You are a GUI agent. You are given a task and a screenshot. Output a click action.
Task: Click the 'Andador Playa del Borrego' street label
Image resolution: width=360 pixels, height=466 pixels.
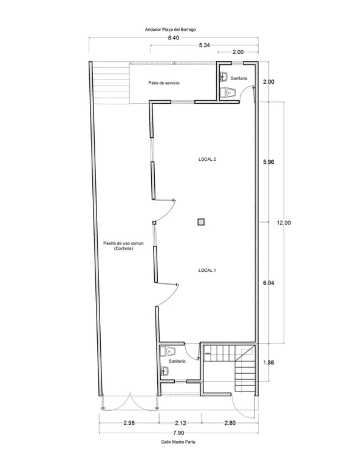pyautogui.click(x=170, y=29)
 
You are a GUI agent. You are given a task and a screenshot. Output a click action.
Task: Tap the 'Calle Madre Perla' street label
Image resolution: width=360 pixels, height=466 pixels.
pyautogui.click(x=178, y=442)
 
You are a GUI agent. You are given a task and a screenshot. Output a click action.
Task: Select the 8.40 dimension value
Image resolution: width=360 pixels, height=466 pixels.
pyautogui.click(x=174, y=38)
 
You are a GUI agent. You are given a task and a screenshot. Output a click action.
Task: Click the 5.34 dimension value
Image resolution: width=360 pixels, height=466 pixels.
pyautogui.click(x=204, y=45)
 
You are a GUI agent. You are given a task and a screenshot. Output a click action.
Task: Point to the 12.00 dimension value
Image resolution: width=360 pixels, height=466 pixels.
pyautogui.click(x=284, y=223)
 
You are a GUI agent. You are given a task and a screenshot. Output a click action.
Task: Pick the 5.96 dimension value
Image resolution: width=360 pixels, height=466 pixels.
pyautogui.click(x=268, y=162)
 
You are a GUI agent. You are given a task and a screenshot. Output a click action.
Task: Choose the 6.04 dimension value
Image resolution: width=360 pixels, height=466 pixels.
pyautogui.click(x=268, y=283)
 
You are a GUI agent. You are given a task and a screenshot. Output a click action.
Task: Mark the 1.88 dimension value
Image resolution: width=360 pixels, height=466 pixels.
pyautogui.click(x=268, y=362)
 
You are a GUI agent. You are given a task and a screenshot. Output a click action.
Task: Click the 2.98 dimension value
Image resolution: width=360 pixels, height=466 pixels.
pyautogui.click(x=129, y=423)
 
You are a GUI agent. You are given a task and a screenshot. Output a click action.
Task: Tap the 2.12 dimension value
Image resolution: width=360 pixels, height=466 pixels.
pyautogui.click(x=180, y=423)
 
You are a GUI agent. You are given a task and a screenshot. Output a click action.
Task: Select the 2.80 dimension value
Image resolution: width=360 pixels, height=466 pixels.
pyautogui.click(x=230, y=423)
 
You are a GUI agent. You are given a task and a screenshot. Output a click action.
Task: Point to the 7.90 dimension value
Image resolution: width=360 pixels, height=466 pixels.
pyautogui.click(x=178, y=433)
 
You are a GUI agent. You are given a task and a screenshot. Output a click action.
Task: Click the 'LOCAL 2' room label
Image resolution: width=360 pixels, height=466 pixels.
pyautogui.click(x=207, y=160)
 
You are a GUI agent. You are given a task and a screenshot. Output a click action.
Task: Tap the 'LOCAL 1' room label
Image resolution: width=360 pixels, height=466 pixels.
pyautogui.click(x=207, y=270)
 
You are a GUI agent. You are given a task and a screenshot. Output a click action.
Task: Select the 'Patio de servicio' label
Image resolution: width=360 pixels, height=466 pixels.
pyautogui.click(x=164, y=83)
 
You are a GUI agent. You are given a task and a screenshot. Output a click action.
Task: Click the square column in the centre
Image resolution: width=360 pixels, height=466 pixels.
pyautogui.click(x=202, y=221)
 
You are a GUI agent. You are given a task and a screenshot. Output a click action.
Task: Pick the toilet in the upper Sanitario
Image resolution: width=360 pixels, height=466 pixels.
pyautogui.click(x=228, y=92)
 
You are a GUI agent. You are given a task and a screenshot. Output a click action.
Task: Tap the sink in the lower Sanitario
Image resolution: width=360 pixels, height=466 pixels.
pyautogui.click(x=165, y=371)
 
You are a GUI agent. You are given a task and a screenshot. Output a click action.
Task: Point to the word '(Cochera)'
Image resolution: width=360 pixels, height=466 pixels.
pyautogui.click(x=123, y=248)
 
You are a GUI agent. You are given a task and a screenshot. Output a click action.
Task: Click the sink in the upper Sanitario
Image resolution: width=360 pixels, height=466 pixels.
pyautogui.click(x=224, y=76)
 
